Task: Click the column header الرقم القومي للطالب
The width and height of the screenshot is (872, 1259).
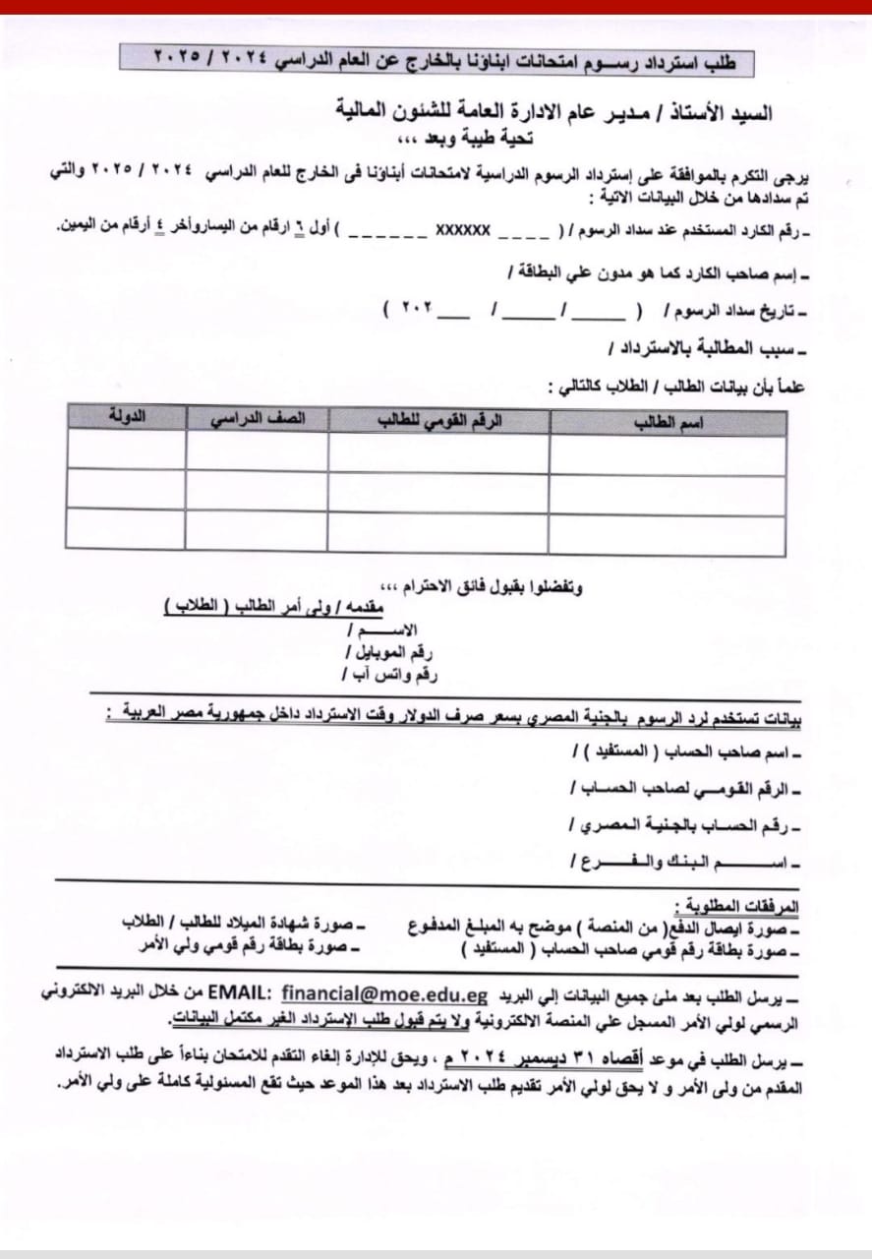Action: click(x=439, y=421)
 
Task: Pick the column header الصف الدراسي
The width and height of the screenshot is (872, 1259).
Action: click(x=258, y=419)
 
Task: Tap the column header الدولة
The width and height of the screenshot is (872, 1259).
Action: click(x=126, y=417)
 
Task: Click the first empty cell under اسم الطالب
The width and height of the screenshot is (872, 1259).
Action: click(x=668, y=453)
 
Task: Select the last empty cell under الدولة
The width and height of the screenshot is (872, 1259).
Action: click(x=126, y=529)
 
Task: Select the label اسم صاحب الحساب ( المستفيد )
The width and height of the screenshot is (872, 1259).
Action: click(x=687, y=753)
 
